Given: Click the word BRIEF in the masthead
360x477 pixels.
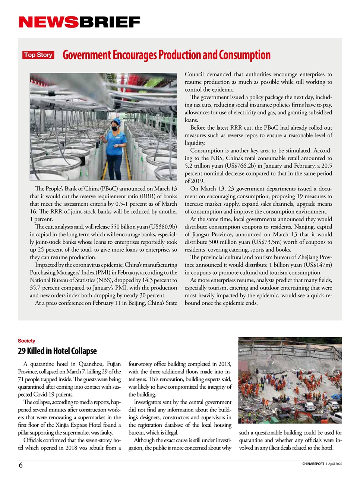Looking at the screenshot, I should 109,22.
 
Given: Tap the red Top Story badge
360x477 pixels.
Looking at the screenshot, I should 38,55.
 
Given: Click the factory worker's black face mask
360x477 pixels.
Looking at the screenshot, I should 114,129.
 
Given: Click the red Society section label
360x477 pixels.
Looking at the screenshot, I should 26,341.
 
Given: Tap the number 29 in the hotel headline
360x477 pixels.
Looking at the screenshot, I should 22,351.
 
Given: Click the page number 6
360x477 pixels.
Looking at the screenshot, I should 20,465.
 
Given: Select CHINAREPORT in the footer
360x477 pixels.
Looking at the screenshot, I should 313,464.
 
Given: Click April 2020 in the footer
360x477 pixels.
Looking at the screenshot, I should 335,464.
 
